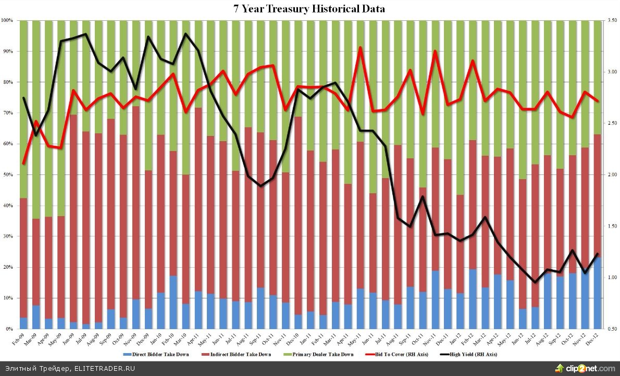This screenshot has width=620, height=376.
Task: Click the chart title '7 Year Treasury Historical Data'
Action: pyautogui.click(x=309, y=9)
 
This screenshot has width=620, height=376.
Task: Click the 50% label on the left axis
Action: pyautogui.click(x=8, y=175)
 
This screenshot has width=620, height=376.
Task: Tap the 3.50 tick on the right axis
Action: pyautogui.click(x=610, y=21)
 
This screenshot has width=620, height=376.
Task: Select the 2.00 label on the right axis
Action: pyautogui.click(x=610, y=175)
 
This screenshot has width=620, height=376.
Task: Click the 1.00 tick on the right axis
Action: pyautogui.click(x=610, y=278)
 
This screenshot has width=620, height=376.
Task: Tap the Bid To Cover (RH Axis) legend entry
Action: pyautogui.click(x=391, y=354)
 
